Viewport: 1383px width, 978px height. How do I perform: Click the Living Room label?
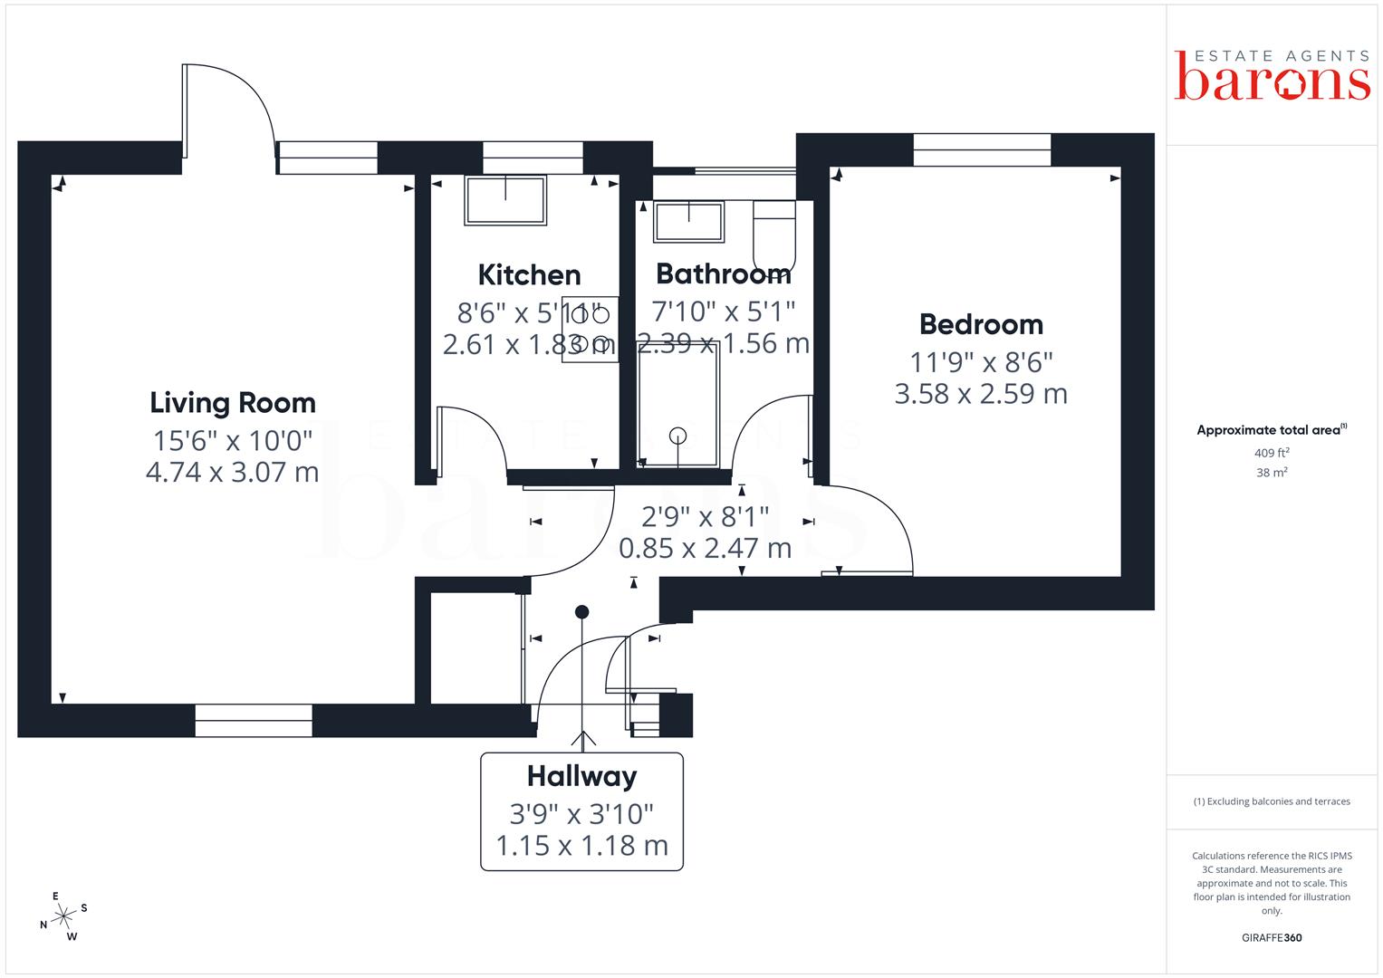click(x=233, y=403)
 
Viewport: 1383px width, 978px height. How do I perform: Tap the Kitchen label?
click(x=529, y=274)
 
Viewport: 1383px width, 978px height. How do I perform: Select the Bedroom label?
click(x=981, y=324)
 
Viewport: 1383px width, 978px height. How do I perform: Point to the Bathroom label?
click(x=723, y=273)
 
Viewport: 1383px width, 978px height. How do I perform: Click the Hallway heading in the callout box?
click(x=581, y=777)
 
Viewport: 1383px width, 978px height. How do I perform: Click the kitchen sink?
click(x=505, y=200)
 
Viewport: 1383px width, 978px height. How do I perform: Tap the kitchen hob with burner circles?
click(x=590, y=329)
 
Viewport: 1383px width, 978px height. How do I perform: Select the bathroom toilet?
click(x=773, y=235)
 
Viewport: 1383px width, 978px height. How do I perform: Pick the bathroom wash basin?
click(x=689, y=221)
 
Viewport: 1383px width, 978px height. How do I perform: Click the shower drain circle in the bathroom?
click(x=678, y=436)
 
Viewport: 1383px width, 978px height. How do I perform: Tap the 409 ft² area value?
click(x=1272, y=453)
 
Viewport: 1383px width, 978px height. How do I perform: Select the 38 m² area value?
click(x=1272, y=473)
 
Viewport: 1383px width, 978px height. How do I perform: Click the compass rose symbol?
click(x=63, y=916)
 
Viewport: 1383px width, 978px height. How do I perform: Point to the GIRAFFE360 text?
click(x=1272, y=937)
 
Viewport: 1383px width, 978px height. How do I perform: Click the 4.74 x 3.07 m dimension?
click(x=233, y=473)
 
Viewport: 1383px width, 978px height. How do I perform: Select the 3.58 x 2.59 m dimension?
click(x=981, y=394)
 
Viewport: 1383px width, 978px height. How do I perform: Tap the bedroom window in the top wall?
click(x=982, y=149)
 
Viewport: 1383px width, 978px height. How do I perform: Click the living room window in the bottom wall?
click(x=254, y=720)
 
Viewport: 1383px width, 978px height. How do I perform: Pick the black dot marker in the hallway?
click(x=581, y=612)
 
